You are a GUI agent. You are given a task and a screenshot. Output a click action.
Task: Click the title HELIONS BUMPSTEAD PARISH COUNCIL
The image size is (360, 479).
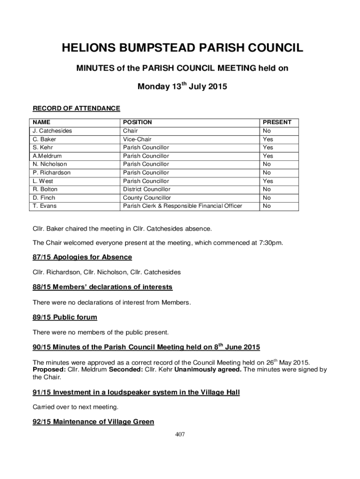coord(180,48)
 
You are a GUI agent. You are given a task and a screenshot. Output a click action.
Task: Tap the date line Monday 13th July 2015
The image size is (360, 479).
coord(180,87)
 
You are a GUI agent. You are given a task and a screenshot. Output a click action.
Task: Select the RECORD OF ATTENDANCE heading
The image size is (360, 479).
coord(76,109)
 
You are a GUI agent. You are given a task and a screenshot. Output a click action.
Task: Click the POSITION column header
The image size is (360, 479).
coord(137,122)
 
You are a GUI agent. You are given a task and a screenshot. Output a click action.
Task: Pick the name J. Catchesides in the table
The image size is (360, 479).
coord(52,131)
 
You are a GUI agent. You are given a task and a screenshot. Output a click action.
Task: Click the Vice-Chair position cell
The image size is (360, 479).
coord(137,139)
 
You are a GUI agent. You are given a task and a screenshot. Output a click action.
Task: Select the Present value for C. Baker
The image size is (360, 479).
coord(268,139)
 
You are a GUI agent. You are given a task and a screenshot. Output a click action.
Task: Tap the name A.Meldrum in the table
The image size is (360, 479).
coord(47,156)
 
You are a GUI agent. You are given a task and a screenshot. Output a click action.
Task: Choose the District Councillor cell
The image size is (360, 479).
coord(146,189)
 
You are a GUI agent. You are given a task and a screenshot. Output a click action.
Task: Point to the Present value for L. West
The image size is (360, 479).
coord(268,181)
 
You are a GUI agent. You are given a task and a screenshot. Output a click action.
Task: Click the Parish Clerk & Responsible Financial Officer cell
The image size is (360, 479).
coord(182,206)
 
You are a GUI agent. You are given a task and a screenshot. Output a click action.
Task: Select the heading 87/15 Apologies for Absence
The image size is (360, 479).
coord(82,257)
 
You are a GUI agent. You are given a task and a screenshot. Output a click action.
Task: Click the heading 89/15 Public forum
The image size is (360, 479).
coord(65,317)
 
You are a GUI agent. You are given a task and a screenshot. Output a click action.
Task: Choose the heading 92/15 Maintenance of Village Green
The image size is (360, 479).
coord(93,422)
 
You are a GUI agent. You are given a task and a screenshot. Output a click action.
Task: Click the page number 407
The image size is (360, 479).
coord(180,435)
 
